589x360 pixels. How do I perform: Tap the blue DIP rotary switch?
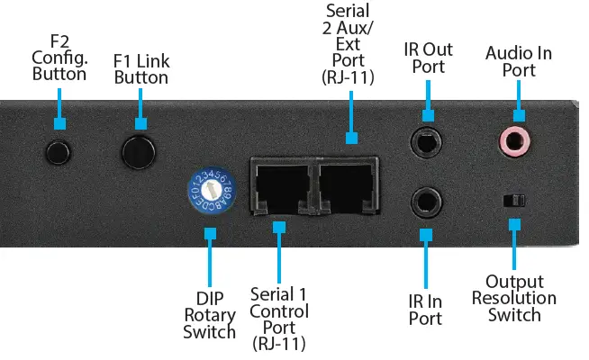(211, 190)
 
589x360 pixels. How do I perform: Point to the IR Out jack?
(428, 142)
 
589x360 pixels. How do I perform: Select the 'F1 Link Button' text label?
(140, 69)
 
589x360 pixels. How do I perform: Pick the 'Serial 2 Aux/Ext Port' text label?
(351, 42)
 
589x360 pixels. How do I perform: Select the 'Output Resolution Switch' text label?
(514, 298)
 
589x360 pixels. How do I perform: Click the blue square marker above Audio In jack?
(518, 114)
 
